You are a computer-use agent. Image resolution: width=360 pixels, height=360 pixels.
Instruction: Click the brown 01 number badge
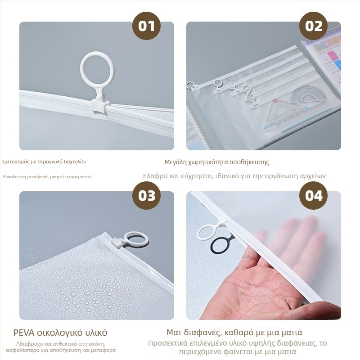click(146, 26)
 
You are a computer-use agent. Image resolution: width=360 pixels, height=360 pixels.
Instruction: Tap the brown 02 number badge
click(313, 26)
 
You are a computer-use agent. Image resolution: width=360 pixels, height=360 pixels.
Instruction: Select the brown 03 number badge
click(146, 196)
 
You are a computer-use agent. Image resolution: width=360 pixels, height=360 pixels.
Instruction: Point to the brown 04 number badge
click(313, 196)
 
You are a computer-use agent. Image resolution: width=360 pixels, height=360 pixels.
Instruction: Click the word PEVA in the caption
click(24, 333)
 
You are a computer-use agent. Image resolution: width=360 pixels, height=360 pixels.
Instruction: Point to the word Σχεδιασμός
click(16, 162)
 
